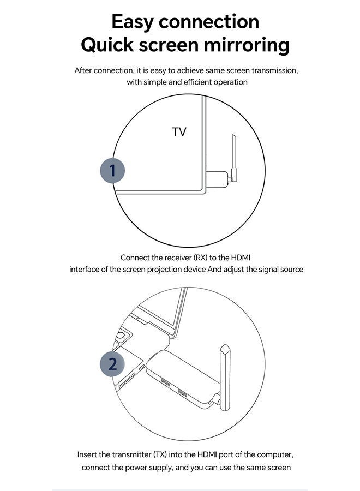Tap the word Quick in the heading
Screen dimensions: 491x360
[107, 45]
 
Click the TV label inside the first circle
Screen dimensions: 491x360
[179, 132]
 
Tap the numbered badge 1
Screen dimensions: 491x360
[112, 171]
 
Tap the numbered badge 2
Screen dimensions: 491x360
[112, 364]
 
